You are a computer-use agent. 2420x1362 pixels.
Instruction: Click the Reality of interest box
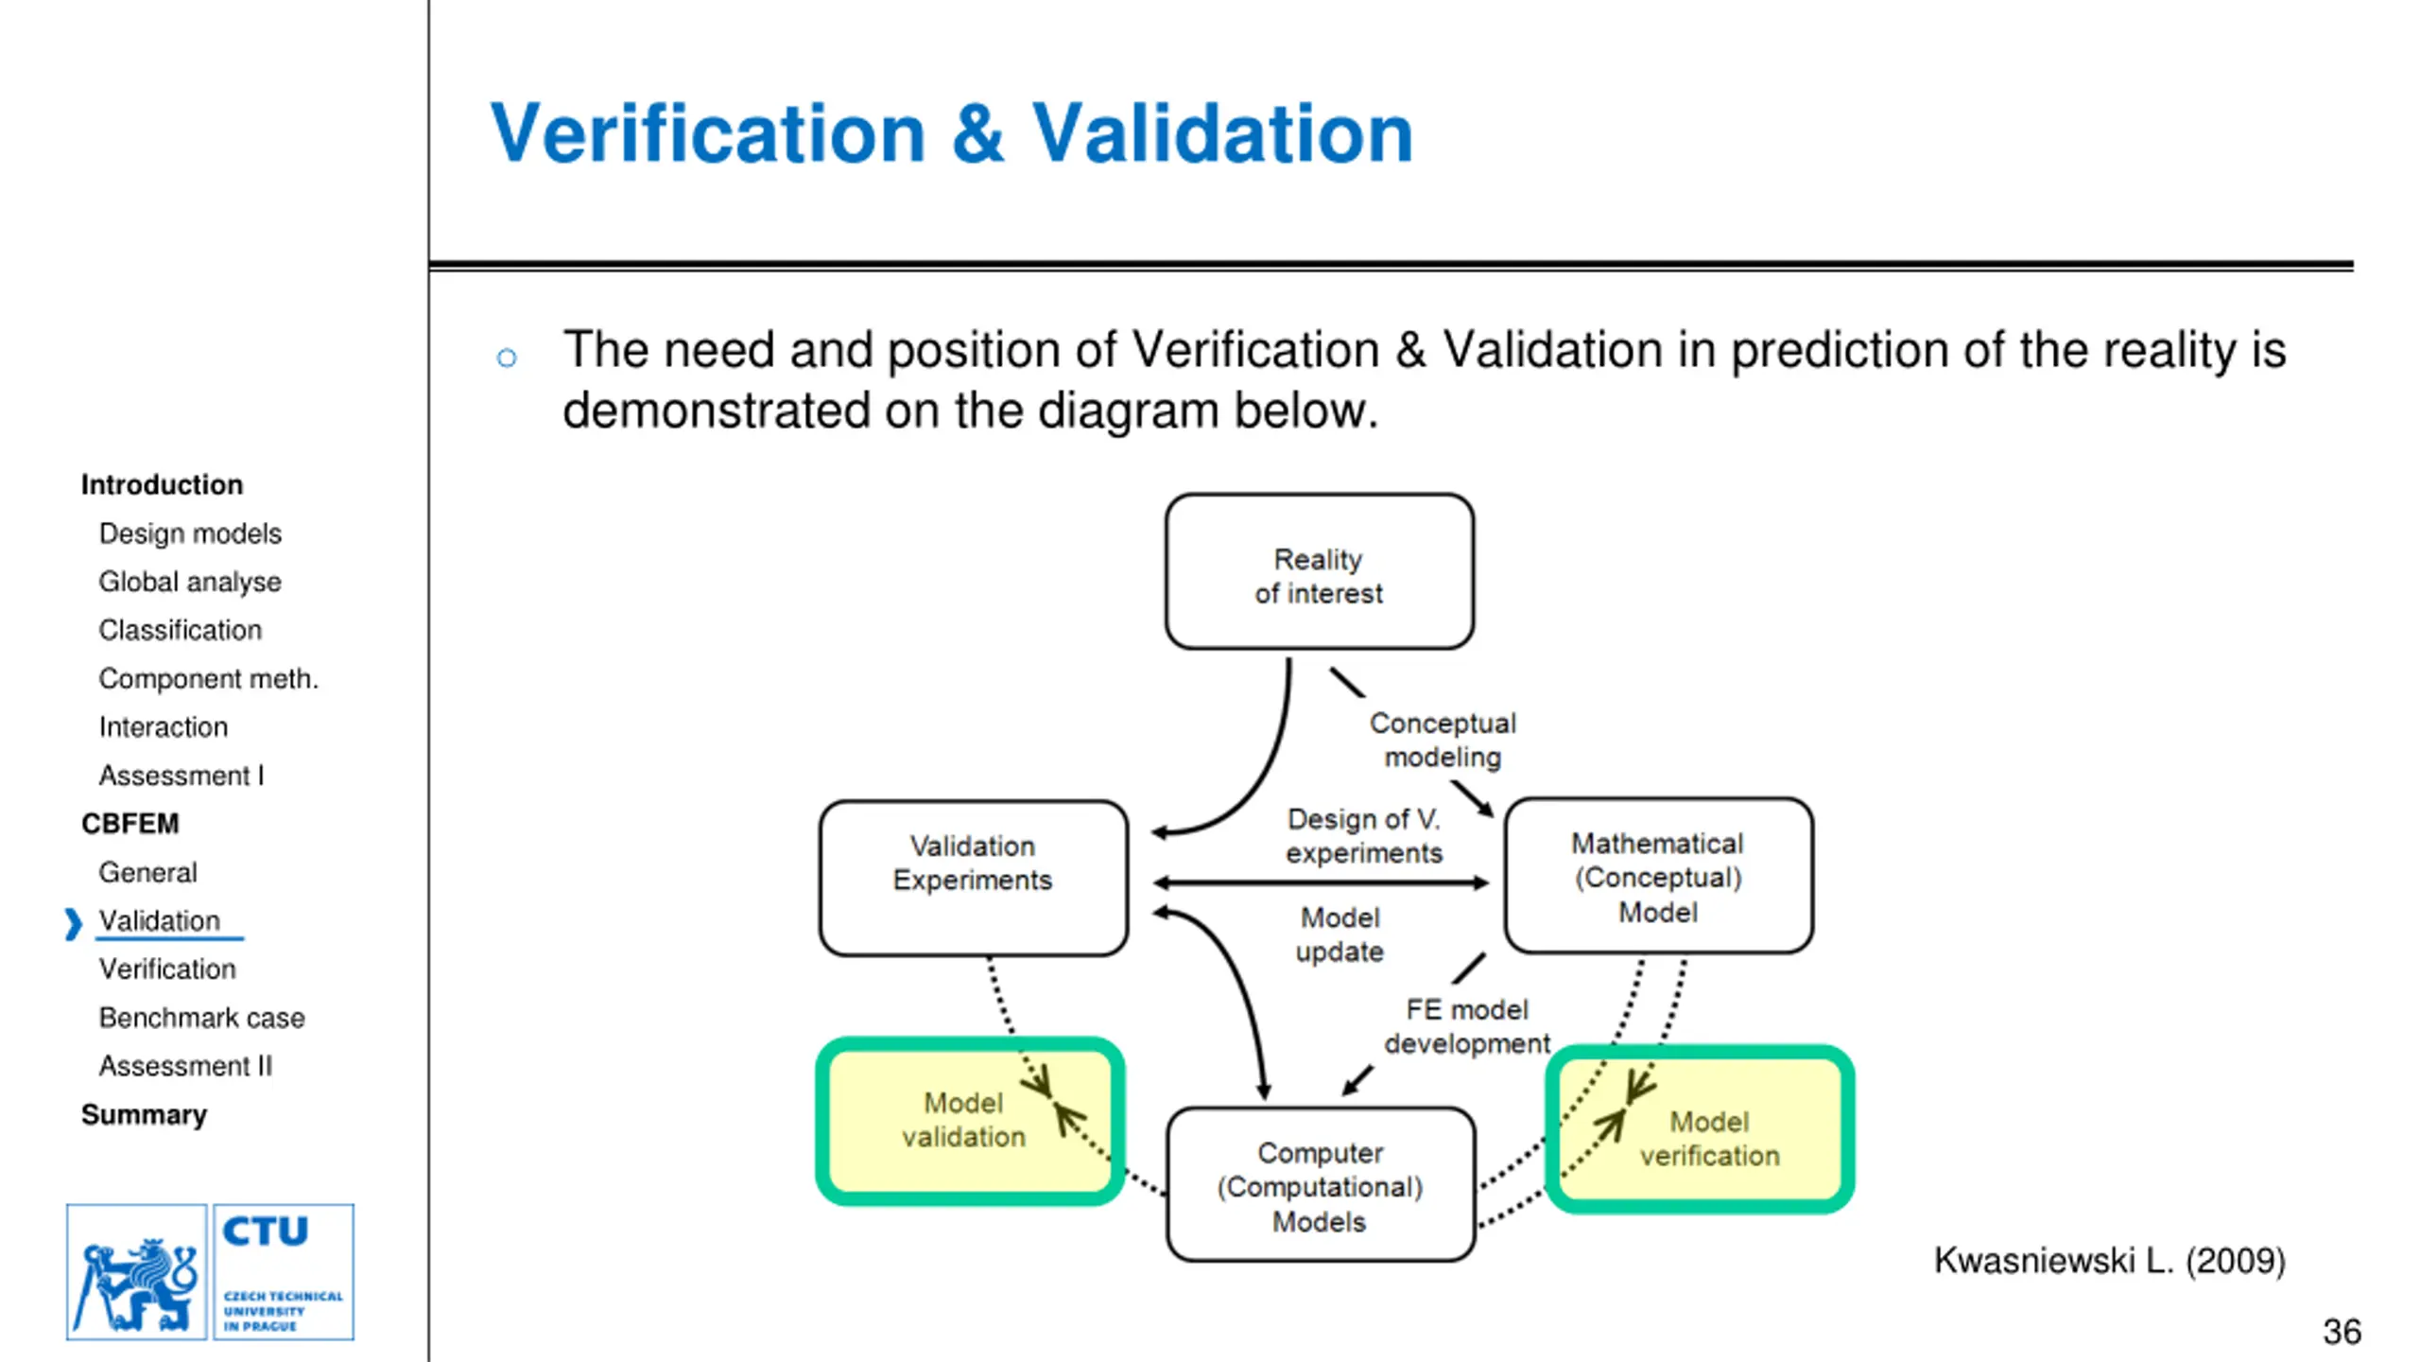coord(1319,572)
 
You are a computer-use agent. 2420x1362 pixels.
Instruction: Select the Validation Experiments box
coord(973,878)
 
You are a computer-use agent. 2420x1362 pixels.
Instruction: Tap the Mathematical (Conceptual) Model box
coord(1658,876)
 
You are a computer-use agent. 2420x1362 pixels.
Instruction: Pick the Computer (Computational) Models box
coord(1320,1185)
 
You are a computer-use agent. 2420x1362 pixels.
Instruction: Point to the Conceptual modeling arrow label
coord(1443,740)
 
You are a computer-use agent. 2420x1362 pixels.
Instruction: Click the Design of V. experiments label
coord(1363,835)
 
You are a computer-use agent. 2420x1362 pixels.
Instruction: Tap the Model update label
coord(1340,934)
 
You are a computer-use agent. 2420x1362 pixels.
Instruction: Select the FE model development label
coord(1466,1026)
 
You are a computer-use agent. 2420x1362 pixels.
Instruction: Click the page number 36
coord(2342,1332)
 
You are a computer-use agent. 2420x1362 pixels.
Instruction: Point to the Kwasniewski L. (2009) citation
coord(2109,1261)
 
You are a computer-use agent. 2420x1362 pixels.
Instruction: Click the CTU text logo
coord(284,1271)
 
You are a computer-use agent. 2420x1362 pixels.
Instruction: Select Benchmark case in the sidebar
coord(201,1018)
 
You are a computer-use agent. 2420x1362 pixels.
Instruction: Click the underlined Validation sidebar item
coord(160,920)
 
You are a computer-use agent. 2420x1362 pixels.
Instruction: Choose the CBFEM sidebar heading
coord(130,824)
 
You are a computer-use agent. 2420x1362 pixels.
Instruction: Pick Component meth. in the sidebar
coord(208,678)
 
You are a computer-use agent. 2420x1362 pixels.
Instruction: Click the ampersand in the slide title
coord(977,134)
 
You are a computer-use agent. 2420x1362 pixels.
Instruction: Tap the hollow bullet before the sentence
coord(507,358)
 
